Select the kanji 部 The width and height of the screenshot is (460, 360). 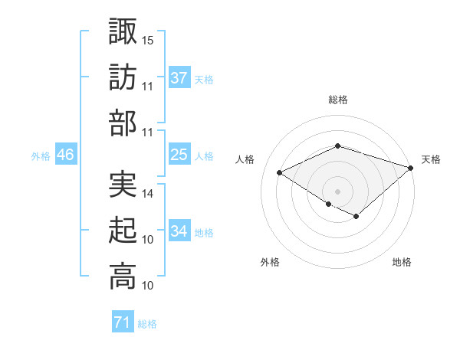[x=123, y=123]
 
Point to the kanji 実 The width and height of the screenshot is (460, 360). [x=123, y=185]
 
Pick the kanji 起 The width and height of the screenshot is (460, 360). [x=123, y=231]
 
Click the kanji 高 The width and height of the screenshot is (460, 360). [x=123, y=277]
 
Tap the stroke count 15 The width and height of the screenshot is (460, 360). [x=148, y=39]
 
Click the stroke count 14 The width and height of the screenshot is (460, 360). [x=148, y=194]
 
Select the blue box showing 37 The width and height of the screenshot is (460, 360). [x=179, y=78]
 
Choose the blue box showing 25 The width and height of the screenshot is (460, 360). [x=179, y=155]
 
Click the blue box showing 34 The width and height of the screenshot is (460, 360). [x=179, y=231]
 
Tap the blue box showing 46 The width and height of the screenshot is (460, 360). [x=66, y=155]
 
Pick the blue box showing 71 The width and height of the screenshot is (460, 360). [x=123, y=323]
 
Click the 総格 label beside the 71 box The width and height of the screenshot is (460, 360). [x=148, y=325]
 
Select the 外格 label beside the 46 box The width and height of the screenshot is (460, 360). [x=41, y=156]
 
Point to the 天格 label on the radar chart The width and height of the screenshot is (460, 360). [x=431, y=159]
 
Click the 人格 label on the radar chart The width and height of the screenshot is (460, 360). [x=245, y=159]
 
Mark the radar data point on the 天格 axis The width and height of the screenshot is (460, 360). [x=412, y=167]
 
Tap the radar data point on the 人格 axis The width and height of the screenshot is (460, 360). [x=280, y=172]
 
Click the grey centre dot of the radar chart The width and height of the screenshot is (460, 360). [x=337, y=191]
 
